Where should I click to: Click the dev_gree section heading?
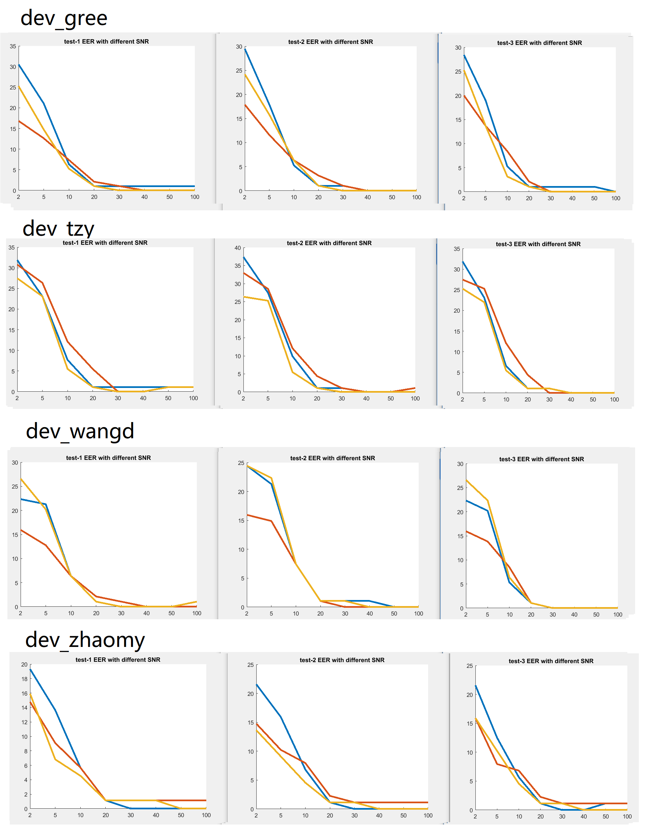tap(63, 18)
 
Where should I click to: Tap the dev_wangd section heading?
tap(80, 431)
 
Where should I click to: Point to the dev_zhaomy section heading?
tap(85, 640)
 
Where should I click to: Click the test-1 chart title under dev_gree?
tap(106, 41)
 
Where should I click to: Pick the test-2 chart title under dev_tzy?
tap(329, 243)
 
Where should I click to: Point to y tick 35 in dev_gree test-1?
tap(13, 46)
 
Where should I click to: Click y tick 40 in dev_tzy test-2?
tap(237, 248)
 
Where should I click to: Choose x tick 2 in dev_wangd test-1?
tap(21, 613)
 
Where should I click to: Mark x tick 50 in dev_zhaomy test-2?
tap(403, 815)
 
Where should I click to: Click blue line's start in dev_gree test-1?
tap(19, 65)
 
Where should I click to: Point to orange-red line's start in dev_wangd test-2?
tap(247, 515)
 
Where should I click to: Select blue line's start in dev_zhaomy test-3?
tap(476, 686)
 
